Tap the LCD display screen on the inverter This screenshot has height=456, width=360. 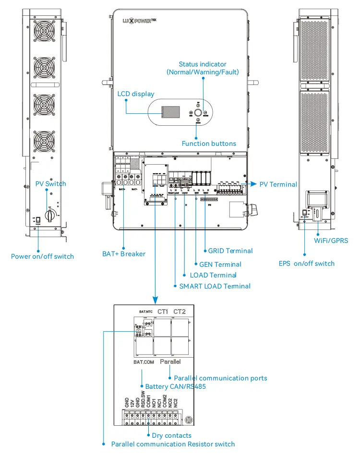[168, 112]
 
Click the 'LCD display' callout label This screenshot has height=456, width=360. [136, 94]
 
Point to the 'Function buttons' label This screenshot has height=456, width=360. [209, 144]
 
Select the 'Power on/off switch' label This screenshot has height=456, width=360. [43, 256]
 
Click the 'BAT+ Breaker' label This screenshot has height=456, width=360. [124, 253]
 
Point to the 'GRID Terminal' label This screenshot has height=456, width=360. [230, 251]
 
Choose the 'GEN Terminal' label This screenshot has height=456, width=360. [220, 264]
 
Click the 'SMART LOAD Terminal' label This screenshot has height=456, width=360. [215, 286]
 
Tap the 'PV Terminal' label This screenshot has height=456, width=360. [278, 184]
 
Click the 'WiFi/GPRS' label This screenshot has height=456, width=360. [331, 240]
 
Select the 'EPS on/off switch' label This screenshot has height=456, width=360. [307, 263]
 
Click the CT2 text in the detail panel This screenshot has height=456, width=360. [180, 312]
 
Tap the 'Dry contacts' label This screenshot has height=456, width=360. [171, 435]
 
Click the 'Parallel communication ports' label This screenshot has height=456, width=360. [220, 378]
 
